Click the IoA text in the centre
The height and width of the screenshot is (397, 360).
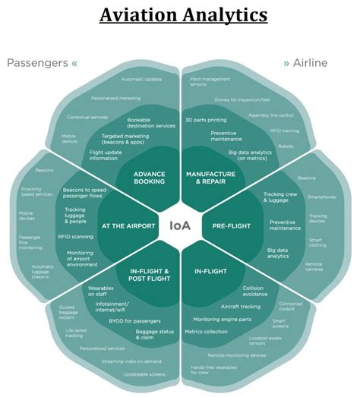point(180,225)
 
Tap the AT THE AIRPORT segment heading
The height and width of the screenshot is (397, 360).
point(128,225)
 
